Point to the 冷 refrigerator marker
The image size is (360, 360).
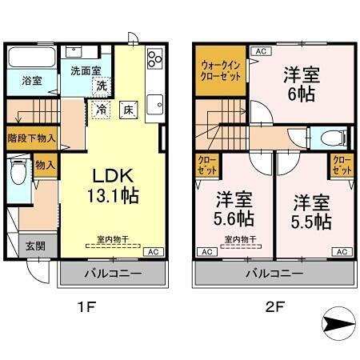click(x=102, y=108)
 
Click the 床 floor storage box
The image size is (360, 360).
click(x=128, y=108)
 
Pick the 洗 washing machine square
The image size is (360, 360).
click(x=102, y=85)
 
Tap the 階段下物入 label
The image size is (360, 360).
click(x=31, y=138)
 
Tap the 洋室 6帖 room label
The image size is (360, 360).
click(x=301, y=83)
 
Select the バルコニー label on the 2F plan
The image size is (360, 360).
click(x=274, y=274)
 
